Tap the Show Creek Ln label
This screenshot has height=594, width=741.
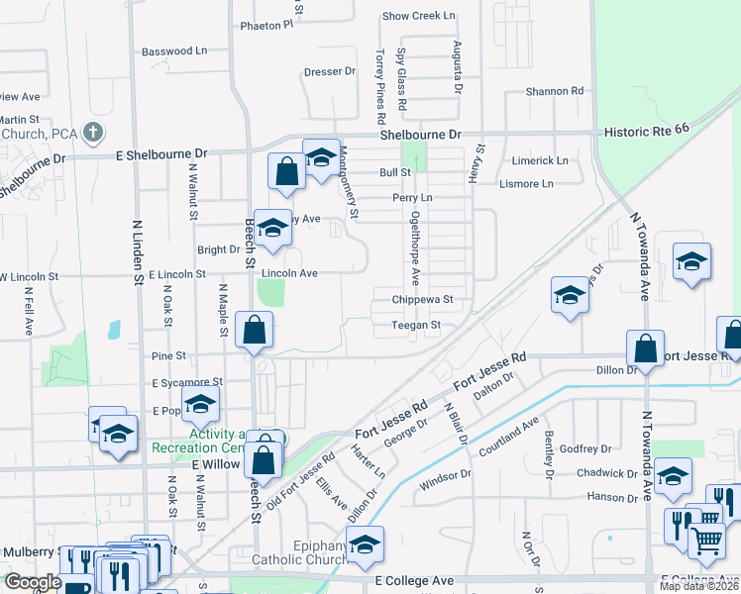[x=418, y=16]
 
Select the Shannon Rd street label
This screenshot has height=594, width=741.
[x=554, y=91]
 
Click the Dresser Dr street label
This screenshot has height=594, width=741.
[x=329, y=71]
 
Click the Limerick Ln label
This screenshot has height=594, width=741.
[x=540, y=160]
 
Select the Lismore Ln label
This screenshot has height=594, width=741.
[x=527, y=183]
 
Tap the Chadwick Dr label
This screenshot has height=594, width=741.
[x=602, y=473]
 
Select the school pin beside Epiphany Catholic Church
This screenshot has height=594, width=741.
[x=365, y=544]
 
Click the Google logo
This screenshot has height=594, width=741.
[x=33, y=582]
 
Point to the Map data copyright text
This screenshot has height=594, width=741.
[x=699, y=586]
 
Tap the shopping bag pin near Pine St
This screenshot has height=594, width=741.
[x=255, y=330]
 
